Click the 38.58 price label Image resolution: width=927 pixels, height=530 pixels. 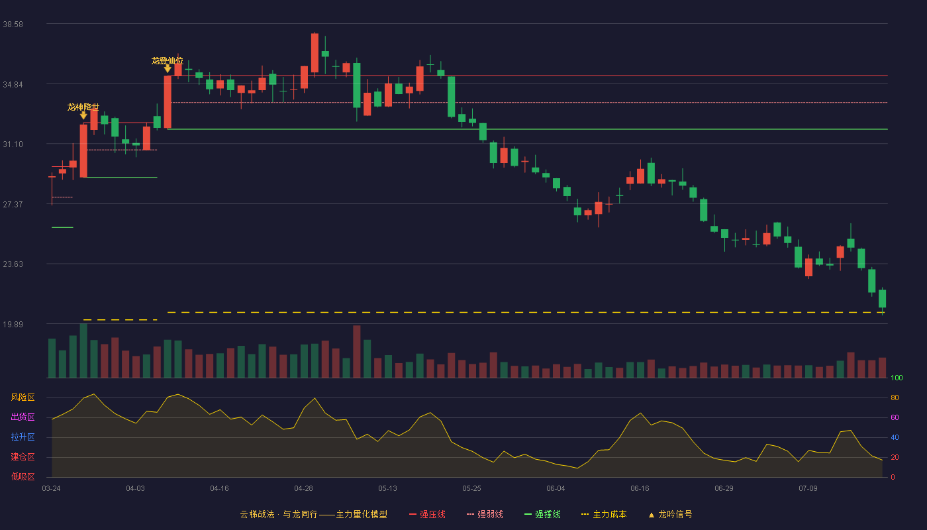pos(13,25)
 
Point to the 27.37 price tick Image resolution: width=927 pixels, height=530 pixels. pos(13,205)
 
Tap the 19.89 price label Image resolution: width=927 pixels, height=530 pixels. pos(13,324)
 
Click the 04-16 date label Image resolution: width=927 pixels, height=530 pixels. pos(219,489)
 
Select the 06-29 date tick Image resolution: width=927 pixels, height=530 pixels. pos(724,489)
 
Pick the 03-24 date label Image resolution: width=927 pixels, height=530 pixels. pos(52,489)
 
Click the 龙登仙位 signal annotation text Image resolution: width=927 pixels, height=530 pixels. pos(167,61)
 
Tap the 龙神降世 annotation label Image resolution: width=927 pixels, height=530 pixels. pos(83,107)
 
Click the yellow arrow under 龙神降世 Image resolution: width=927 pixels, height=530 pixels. pos(83,115)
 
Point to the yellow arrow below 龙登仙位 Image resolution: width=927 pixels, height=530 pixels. pos(168,69)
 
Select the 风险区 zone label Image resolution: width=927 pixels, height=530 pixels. pos(23,397)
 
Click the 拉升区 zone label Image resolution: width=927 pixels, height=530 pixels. pos(23,437)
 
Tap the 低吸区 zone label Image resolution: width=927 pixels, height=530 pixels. pos(23,477)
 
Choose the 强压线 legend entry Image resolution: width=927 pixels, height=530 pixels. pos(427,515)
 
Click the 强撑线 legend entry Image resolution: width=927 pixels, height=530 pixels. pos(542,515)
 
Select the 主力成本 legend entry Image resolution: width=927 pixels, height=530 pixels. pos(604,515)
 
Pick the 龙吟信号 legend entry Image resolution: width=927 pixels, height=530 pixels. pos(670,515)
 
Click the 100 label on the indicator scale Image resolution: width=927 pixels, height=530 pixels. pos(897,378)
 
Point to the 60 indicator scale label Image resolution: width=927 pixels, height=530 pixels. pos(895,418)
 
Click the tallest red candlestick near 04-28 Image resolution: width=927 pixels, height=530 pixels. pos(315,53)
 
